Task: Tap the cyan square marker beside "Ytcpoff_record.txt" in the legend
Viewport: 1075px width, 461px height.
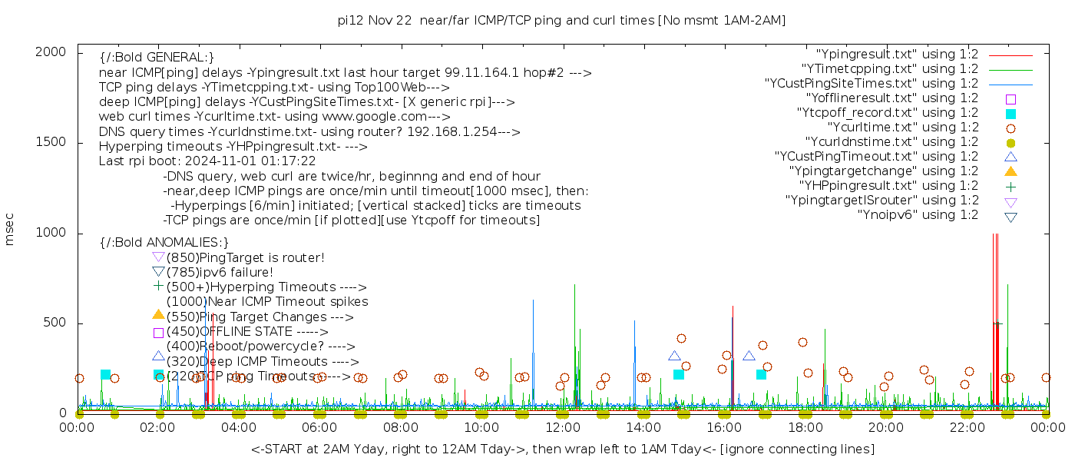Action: tap(1011, 114)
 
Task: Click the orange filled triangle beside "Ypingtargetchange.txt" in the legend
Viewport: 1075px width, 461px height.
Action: tap(1011, 171)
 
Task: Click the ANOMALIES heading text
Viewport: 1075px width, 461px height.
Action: tap(164, 242)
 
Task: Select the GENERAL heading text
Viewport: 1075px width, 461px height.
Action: tap(157, 58)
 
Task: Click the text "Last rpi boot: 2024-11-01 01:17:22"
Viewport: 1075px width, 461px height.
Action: tap(207, 161)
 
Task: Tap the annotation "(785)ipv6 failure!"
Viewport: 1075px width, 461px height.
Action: tap(220, 272)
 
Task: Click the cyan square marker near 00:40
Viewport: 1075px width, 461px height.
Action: tap(106, 375)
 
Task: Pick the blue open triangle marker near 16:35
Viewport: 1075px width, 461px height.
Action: tap(749, 356)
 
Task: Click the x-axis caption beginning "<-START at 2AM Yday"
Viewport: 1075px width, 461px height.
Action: tap(562, 449)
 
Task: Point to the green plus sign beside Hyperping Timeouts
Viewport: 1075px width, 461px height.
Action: tap(159, 287)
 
